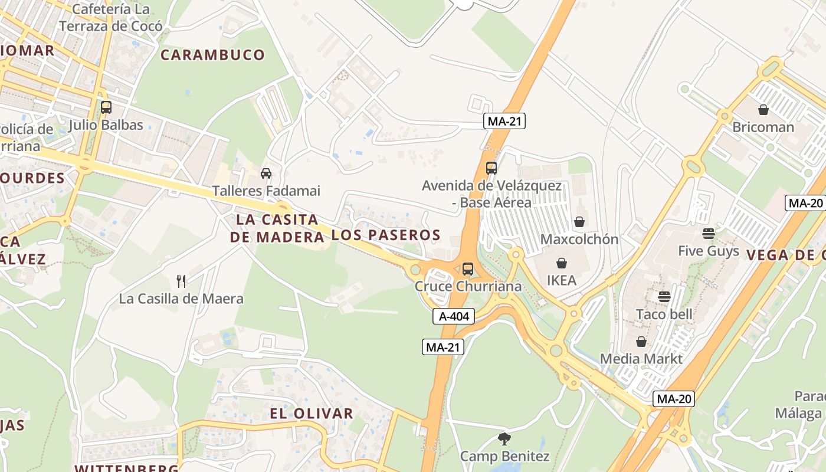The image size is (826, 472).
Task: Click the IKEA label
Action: pos(561,280)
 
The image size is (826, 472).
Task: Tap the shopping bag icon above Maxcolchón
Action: pos(579,222)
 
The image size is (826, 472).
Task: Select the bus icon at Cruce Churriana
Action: pos(468,269)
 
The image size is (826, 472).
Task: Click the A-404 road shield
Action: pos(454,316)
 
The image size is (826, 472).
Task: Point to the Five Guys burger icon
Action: pos(709,233)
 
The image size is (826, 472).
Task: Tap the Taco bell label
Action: pos(664,314)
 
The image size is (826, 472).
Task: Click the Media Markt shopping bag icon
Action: pos(641,342)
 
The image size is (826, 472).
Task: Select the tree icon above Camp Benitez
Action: pos(504,439)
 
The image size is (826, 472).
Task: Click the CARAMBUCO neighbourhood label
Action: pos(212,55)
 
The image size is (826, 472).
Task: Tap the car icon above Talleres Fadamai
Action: pos(266,173)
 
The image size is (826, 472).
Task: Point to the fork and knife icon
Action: pos(181,281)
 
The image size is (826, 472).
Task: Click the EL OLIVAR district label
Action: pos(312,413)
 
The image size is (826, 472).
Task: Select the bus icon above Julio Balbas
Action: pos(106,107)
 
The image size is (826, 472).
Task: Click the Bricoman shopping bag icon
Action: pos(763,110)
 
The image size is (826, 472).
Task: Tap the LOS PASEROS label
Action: pos(386,235)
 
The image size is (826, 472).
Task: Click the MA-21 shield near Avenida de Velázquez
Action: pos(504,122)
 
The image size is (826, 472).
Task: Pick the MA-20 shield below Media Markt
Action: pos(674,399)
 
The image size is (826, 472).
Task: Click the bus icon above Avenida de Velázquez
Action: pos(491,168)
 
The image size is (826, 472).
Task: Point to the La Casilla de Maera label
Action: pos(181,299)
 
